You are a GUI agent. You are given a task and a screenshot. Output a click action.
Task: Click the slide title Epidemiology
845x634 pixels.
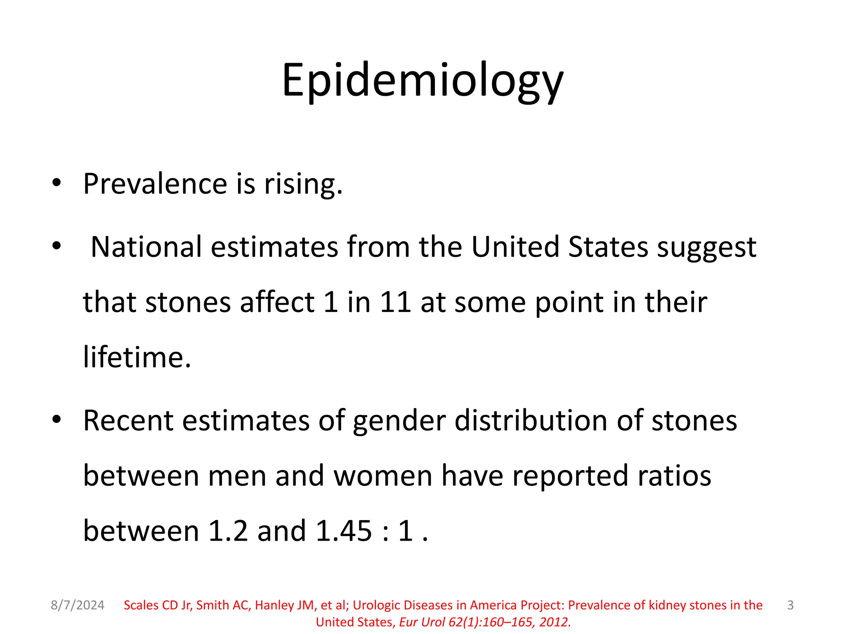422,80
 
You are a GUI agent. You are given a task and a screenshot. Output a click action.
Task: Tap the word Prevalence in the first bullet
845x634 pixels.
155,184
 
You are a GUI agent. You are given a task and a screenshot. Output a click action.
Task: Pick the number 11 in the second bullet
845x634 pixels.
395,302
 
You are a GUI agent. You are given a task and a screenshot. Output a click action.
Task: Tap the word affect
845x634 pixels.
277,302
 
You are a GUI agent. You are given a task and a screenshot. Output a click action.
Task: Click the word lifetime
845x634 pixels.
137,357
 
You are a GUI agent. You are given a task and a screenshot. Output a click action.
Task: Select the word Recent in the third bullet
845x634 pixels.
128,421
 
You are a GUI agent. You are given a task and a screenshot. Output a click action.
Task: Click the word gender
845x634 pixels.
399,421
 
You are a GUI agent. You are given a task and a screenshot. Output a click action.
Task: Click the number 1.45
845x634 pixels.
344,531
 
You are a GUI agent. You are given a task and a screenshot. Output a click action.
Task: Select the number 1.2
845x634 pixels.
228,531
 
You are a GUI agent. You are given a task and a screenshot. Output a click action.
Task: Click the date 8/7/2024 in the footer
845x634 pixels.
78,605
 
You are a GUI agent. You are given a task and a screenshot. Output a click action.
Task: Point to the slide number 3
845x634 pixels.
790,605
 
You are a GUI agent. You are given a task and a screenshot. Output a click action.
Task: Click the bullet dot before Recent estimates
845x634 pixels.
57,420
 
